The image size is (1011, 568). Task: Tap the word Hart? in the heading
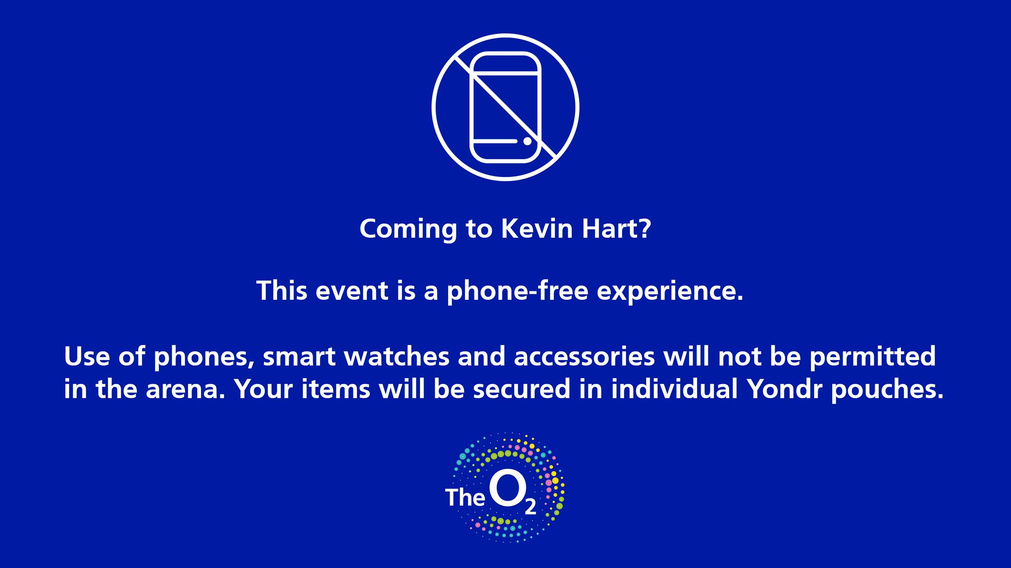(617, 229)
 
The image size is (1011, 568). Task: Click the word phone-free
(518, 291)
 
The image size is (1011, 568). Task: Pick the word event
(351, 291)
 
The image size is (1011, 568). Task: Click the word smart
(300, 356)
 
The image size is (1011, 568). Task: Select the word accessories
(585, 356)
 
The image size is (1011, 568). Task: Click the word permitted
(873, 357)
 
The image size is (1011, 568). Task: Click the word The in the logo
(465, 497)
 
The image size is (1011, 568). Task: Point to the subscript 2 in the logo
(530, 507)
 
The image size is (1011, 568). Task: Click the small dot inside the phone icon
(527, 141)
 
